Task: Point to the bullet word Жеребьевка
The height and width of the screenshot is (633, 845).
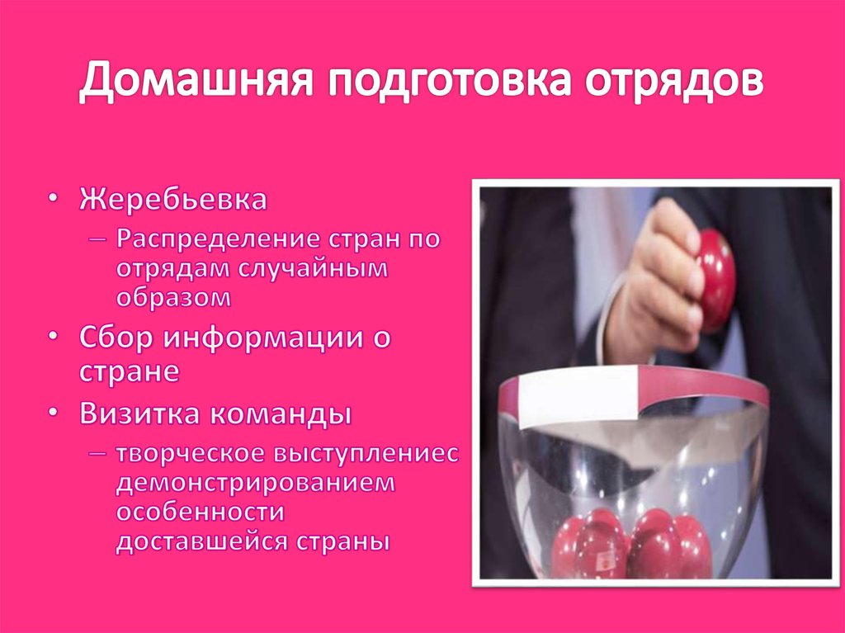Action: point(173,200)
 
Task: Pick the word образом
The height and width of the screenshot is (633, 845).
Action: point(173,297)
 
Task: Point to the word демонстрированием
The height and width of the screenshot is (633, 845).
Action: point(256,483)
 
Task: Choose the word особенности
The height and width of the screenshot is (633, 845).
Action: point(200,512)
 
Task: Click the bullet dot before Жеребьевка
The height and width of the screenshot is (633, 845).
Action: point(53,201)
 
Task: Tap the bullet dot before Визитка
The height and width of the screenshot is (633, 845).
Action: point(53,413)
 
